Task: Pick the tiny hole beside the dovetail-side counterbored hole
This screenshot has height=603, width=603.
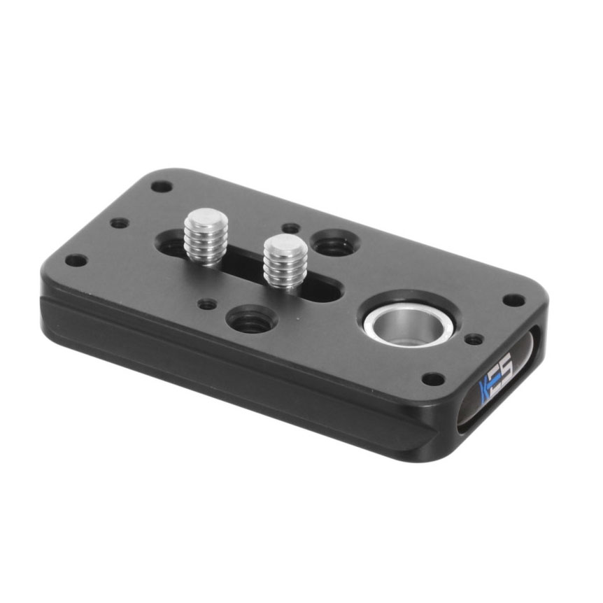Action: [x=206, y=305]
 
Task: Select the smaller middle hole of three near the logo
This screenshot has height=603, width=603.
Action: [x=474, y=339]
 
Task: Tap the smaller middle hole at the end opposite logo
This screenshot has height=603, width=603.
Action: [x=120, y=223]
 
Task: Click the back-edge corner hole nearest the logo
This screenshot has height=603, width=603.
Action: [x=513, y=300]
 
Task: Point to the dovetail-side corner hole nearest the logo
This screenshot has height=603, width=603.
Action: [x=434, y=379]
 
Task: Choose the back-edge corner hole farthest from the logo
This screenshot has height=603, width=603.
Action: [x=162, y=187]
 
